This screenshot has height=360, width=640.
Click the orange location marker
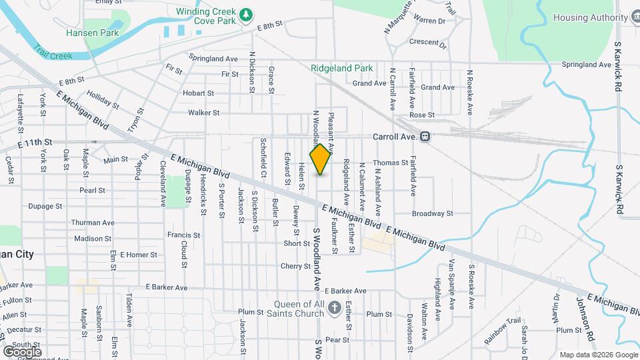pos(320,159)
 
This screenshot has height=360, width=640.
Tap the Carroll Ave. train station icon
pos(425,136)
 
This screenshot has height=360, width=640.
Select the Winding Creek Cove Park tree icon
pos(246,13)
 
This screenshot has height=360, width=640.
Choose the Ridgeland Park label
pos(342,68)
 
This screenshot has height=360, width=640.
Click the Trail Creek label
pos(52,53)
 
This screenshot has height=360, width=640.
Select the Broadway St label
pos(432,214)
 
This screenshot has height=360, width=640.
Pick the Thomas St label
pos(390,163)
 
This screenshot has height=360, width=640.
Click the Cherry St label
pos(296,266)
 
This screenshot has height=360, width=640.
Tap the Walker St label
pos(204,113)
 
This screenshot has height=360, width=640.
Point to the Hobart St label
pos(198,93)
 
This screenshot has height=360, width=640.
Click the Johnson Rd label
pos(585,315)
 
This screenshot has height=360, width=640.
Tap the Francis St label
pos(183,235)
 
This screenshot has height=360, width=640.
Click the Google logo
pos(22,351)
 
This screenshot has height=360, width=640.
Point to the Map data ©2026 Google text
pos(598,354)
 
